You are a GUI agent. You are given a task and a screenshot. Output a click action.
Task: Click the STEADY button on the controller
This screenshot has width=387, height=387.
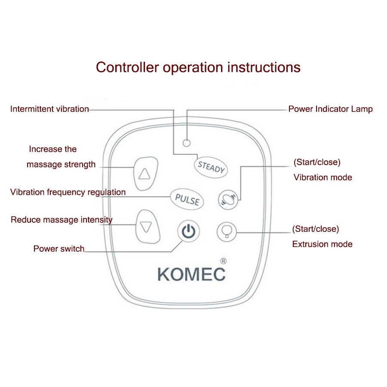(x=211, y=167)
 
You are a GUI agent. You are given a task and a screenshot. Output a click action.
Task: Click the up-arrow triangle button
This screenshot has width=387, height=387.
(x=144, y=173)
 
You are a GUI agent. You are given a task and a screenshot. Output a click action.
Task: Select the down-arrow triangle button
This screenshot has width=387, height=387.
(x=146, y=226)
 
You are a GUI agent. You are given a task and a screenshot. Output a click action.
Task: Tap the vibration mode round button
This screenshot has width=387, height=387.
(x=227, y=199)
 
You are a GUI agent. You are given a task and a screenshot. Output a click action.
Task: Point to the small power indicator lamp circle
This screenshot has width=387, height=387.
(x=187, y=142)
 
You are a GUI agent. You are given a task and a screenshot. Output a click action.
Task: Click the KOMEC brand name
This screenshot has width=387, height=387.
(x=191, y=274)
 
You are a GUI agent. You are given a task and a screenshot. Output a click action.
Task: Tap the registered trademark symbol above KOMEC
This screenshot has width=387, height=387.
(x=223, y=261)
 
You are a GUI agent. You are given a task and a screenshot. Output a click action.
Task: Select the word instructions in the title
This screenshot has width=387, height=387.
(x=264, y=68)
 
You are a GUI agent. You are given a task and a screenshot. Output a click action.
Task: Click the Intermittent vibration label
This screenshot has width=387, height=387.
(x=49, y=109)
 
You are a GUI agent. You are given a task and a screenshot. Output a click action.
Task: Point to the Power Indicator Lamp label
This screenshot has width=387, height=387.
(x=330, y=109)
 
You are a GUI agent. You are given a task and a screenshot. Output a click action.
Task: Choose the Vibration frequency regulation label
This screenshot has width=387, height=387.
(x=68, y=192)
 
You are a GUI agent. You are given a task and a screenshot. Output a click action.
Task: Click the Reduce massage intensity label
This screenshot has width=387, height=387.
(x=61, y=220)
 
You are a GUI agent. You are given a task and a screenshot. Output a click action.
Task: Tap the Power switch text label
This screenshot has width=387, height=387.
(x=59, y=249)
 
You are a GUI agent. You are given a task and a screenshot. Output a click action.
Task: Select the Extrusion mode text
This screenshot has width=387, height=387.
(x=322, y=244)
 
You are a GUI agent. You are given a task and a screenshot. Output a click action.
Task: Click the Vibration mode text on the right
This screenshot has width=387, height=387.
(x=322, y=177)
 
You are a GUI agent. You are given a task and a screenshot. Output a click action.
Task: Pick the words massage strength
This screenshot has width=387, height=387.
(x=61, y=164)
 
